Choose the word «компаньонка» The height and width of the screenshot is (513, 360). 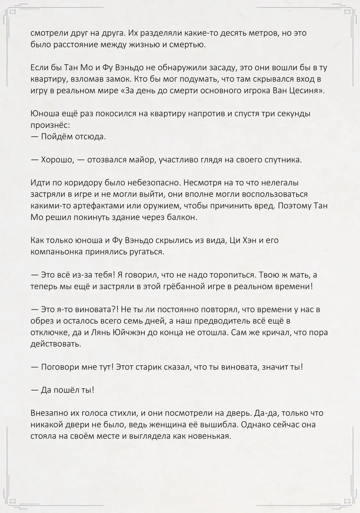(56, 252)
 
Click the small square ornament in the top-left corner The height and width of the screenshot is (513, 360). (13, 12)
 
